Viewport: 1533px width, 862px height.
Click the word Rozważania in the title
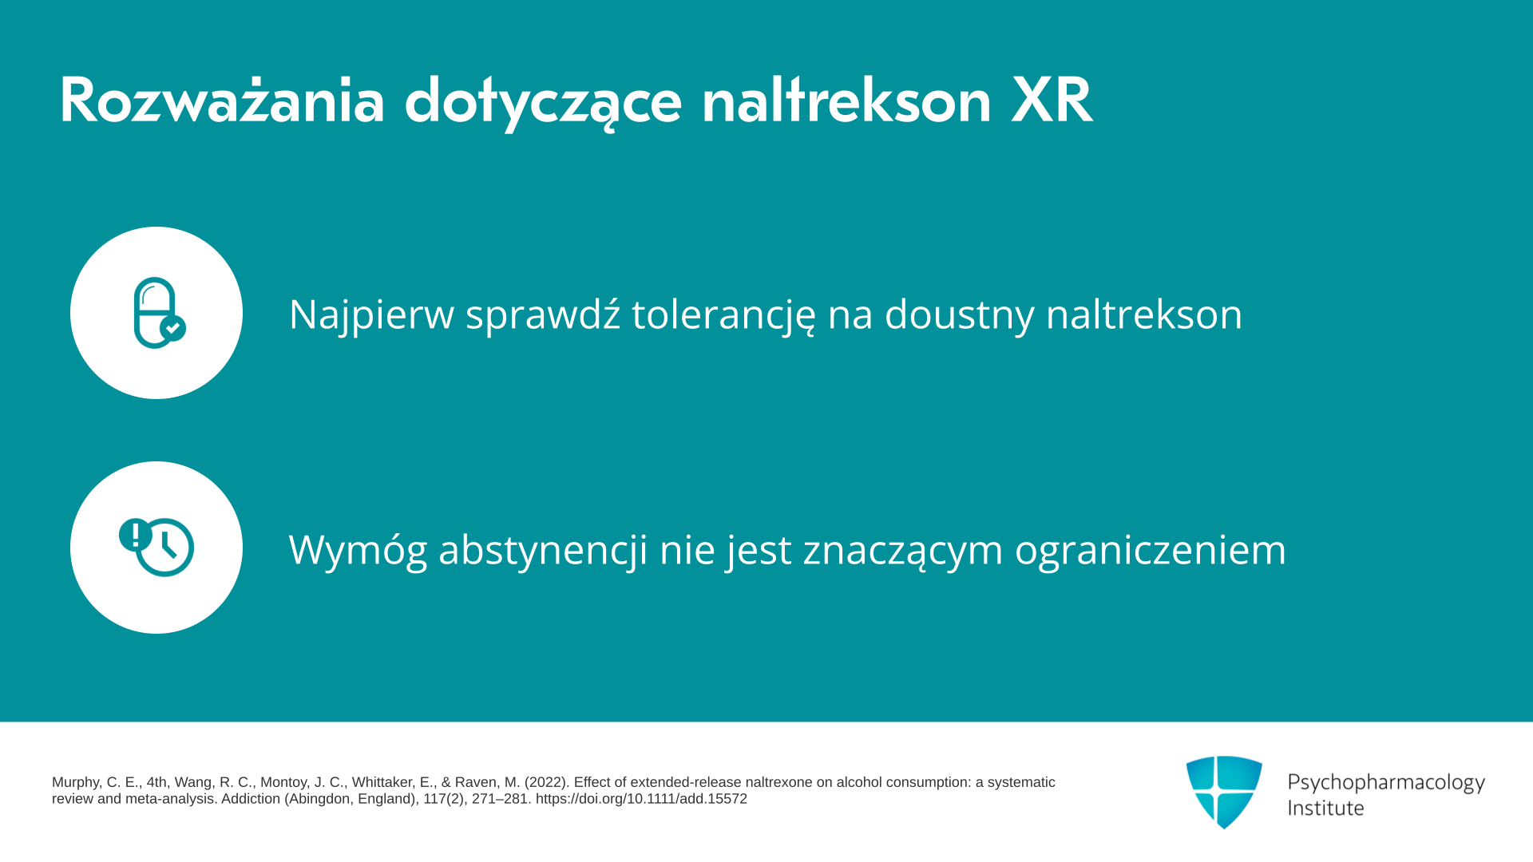(222, 101)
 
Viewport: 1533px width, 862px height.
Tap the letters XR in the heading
(1052, 101)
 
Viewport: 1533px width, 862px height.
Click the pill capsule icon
(155, 313)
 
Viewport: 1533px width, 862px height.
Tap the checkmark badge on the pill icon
(173, 328)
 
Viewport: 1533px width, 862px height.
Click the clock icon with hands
(165, 548)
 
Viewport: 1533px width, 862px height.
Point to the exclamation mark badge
(135, 534)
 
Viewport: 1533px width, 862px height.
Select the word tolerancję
(724, 314)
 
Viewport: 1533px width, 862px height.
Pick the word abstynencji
(543, 550)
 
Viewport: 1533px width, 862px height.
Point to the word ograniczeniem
(1151, 550)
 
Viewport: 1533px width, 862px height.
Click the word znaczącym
(903, 551)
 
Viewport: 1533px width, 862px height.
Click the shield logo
(1224, 792)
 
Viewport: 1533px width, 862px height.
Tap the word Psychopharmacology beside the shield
(1386, 783)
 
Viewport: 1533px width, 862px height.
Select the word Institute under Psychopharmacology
(1325, 808)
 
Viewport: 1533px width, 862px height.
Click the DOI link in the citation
(641, 799)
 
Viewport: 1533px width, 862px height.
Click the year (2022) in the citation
(546, 782)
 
